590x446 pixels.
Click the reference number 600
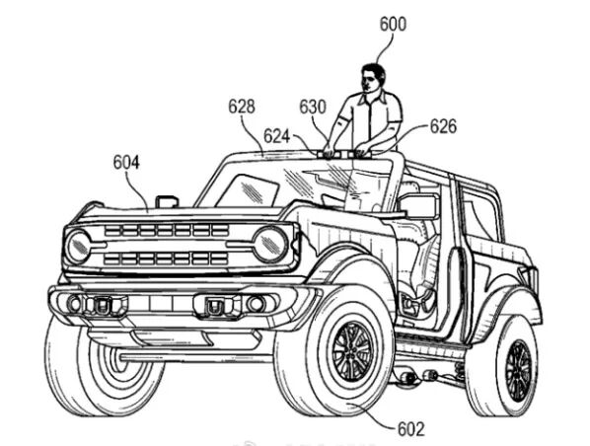[x=393, y=25]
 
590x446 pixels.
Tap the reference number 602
[x=410, y=428]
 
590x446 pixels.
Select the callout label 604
[x=126, y=162]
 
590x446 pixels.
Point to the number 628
[x=242, y=107]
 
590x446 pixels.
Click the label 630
[x=313, y=107]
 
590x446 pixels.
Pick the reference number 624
[x=277, y=136]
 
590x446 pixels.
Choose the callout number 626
[x=443, y=126]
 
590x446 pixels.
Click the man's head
[x=373, y=78]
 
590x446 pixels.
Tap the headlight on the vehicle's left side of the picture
[x=78, y=247]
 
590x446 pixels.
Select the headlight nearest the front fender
[x=271, y=244]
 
